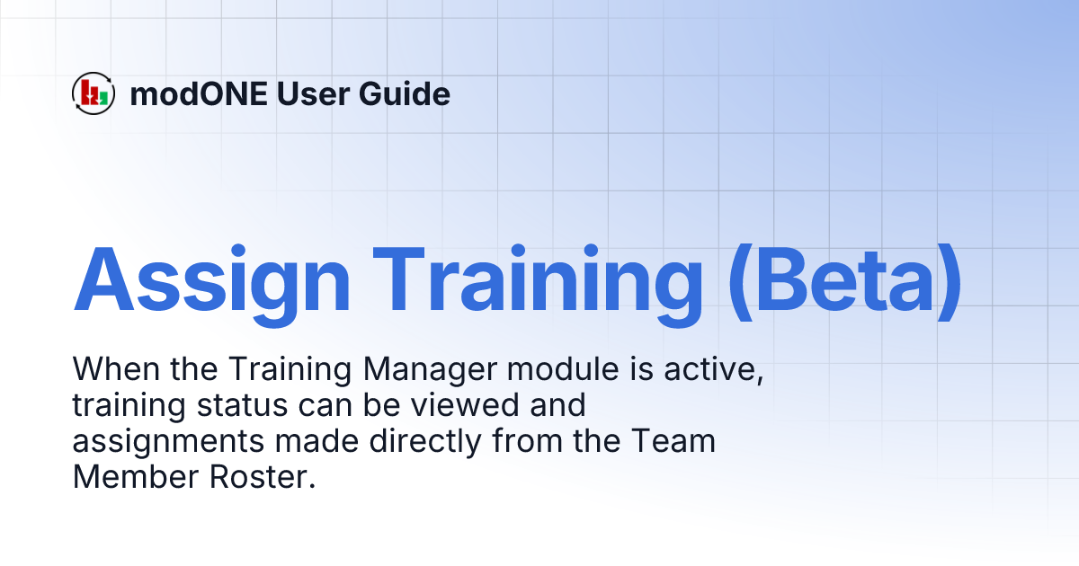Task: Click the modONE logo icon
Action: [x=94, y=93]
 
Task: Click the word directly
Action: [x=401, y=442]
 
